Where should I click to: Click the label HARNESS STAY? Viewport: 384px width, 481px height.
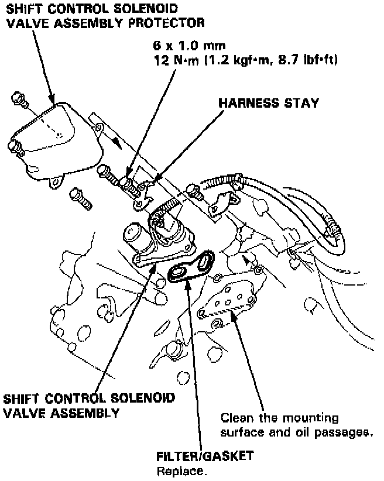[x=269, y=103]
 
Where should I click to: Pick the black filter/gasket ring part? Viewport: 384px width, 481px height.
[x=191, y=267]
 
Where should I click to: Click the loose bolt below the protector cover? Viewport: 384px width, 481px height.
[x=82, y=197]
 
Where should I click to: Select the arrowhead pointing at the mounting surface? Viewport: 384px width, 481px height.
[x=234, y=316]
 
